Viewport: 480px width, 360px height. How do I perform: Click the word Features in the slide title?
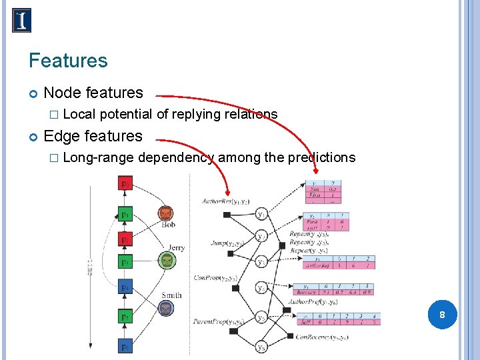pos(68,61)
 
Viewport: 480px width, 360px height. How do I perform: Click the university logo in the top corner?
pos(21,20)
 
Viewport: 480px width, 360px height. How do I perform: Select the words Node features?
pos(93,93)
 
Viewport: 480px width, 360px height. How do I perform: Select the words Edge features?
pos(93,136)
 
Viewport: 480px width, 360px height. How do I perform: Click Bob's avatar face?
pos(166,213)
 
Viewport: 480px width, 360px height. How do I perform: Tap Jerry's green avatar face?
pos(166,260)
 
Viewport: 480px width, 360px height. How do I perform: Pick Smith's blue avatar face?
pos(166,308)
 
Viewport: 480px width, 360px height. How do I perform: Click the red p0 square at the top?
pos(125,181)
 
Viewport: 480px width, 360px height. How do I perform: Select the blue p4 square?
pos(125,287)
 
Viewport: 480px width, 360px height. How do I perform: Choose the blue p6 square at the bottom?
pos(125,347)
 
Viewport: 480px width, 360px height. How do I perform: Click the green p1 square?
pos(125,214)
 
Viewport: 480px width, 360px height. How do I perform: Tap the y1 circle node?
pos(262,214)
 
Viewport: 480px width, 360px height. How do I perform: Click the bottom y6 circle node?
pos(262,347)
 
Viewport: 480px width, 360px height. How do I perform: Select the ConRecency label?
pos(322,337)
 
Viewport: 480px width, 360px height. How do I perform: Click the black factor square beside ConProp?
pos(227,287)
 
